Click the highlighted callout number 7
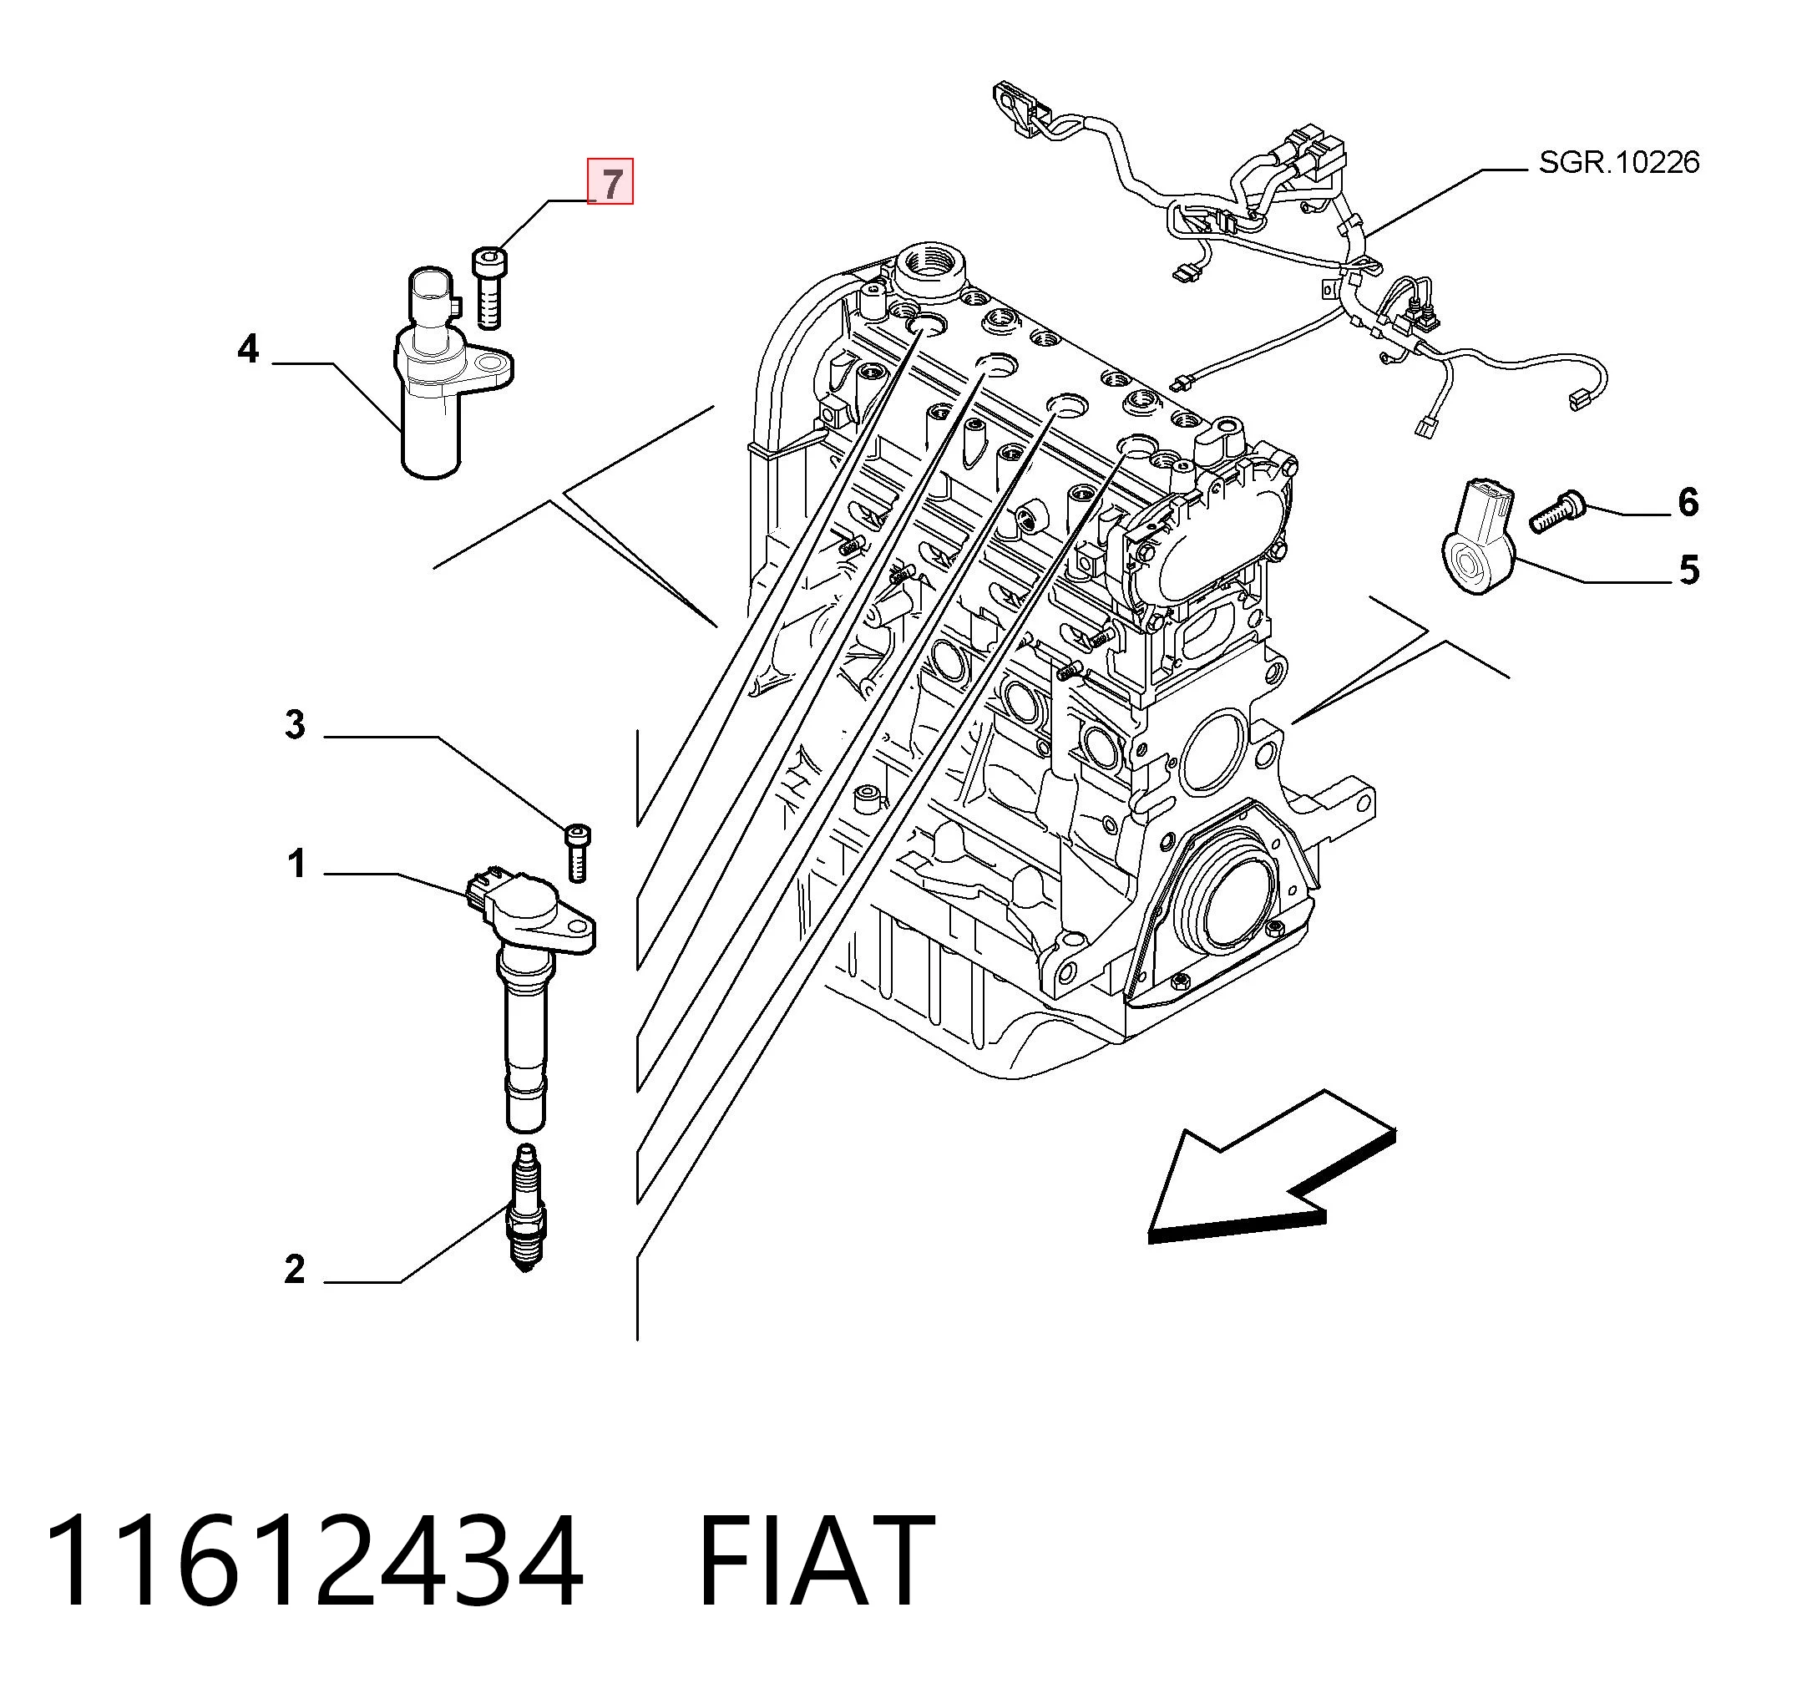(610, 181)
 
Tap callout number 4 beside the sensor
(247, 349)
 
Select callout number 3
(295, 725)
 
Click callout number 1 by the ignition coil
(296, 863)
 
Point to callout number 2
(295, 1269)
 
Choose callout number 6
(1688, 502)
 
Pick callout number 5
(1689, 570)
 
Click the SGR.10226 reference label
(1619, 162)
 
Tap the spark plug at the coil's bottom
(526, 1208)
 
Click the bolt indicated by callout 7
(489, 287)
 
